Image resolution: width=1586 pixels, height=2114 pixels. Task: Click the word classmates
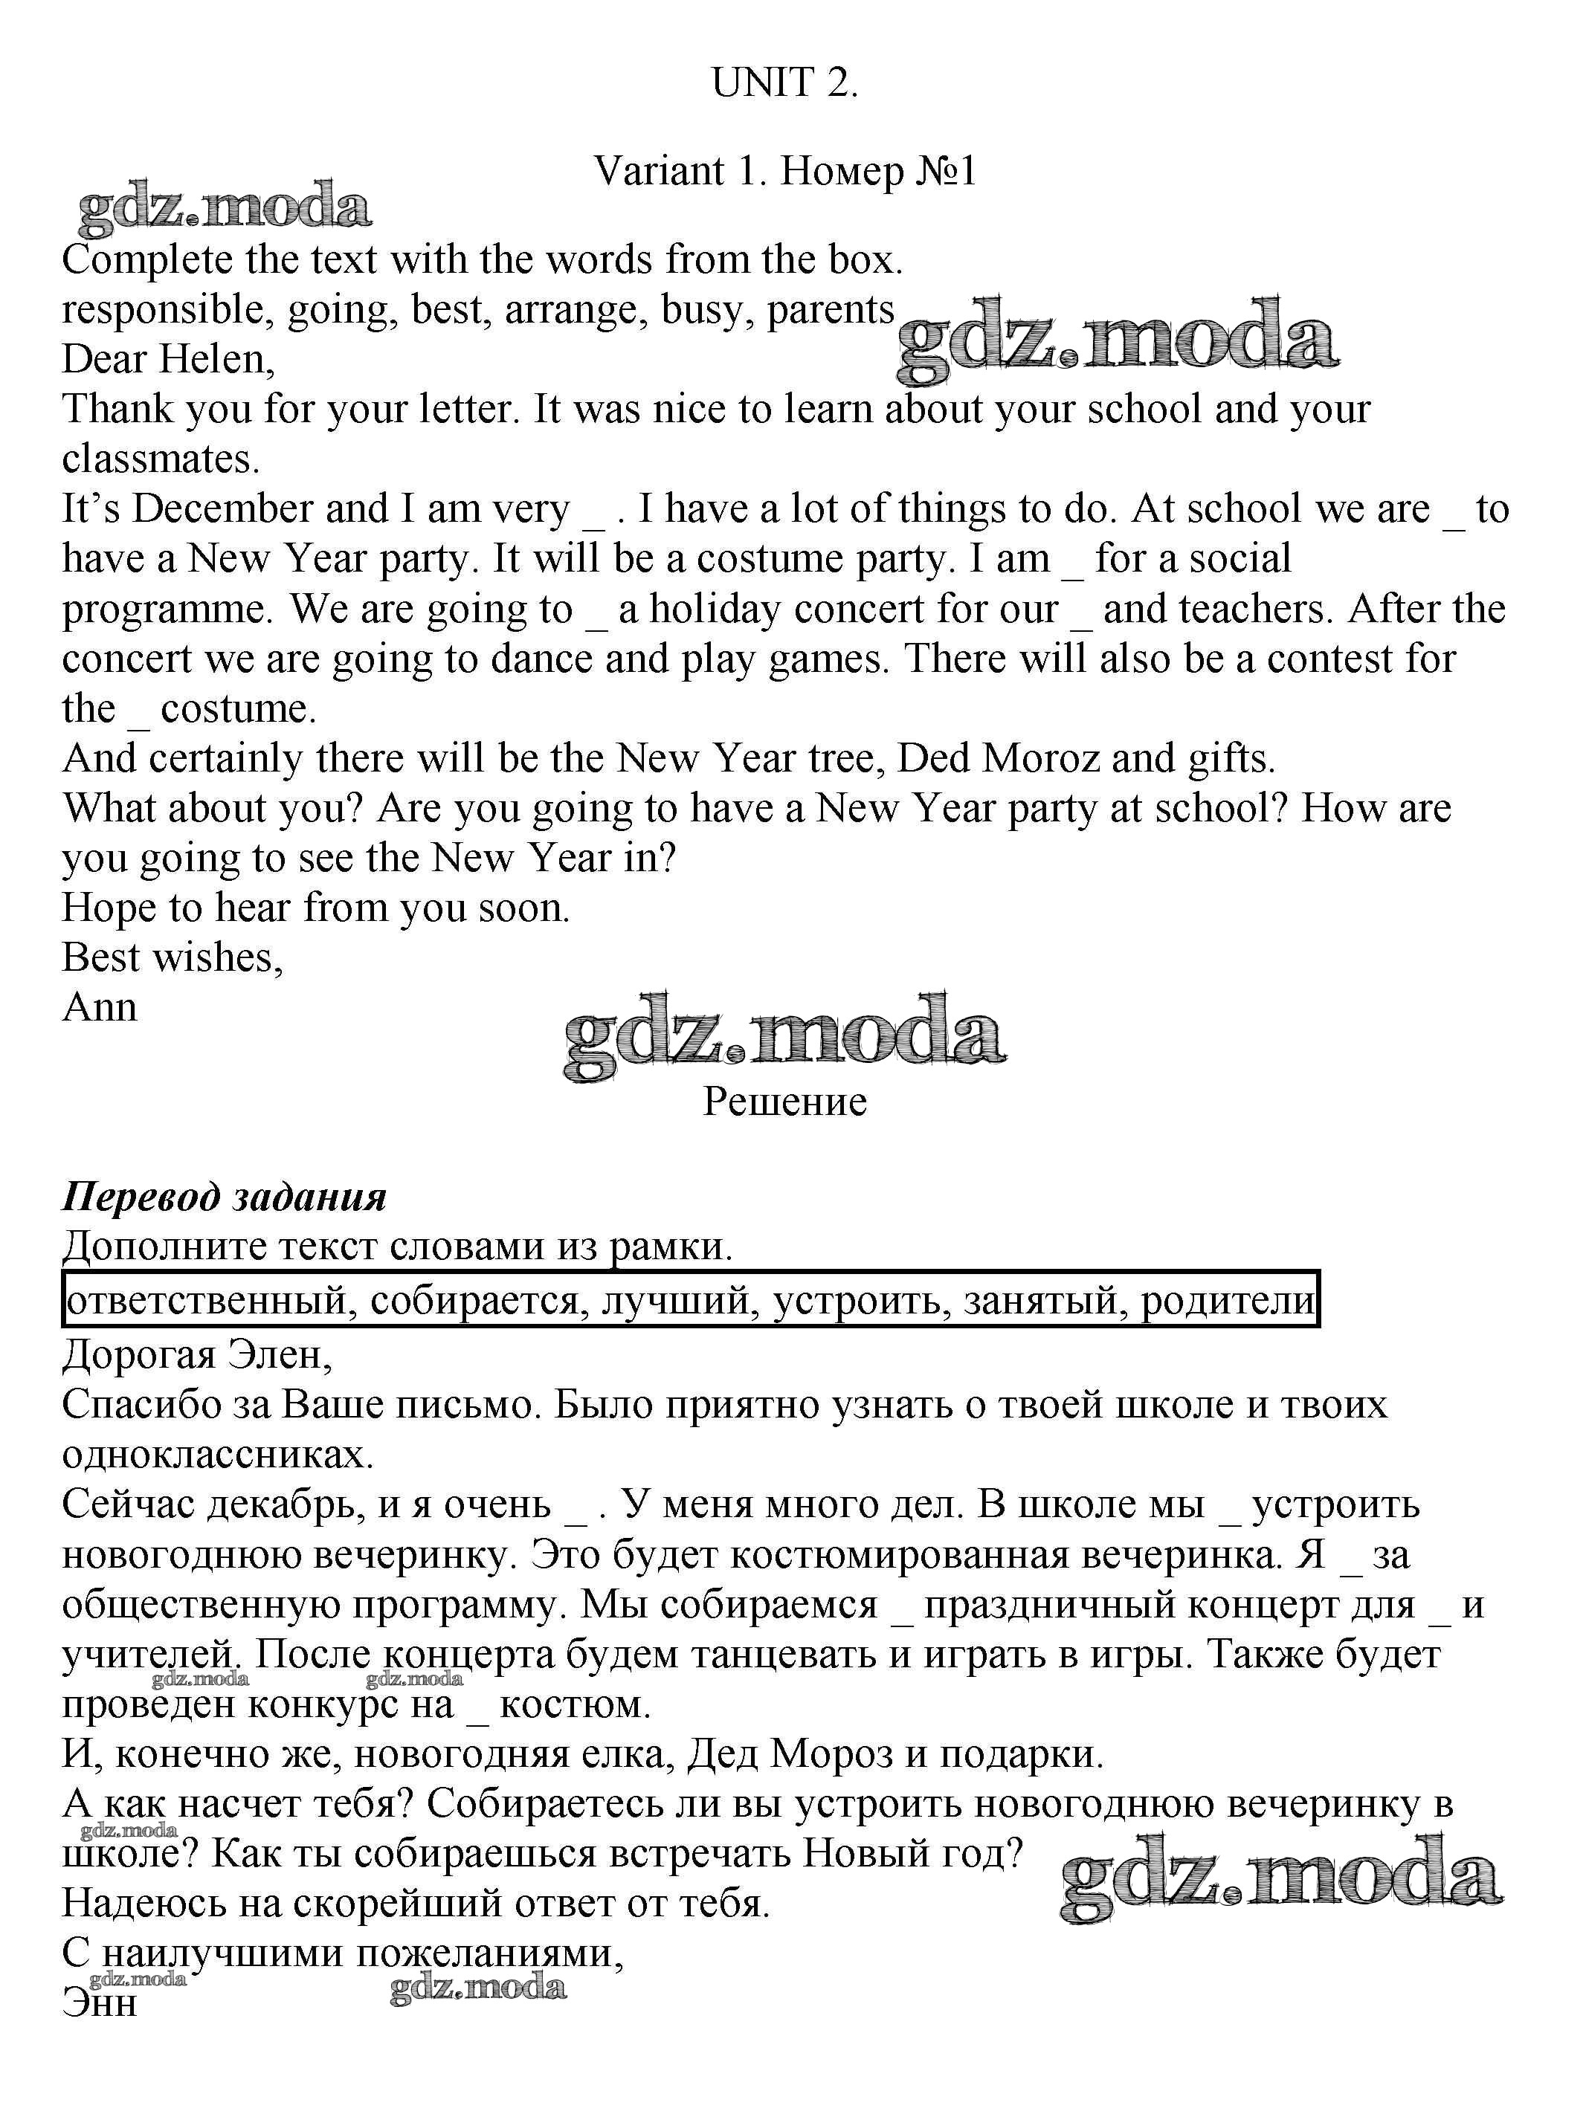coord(160,459)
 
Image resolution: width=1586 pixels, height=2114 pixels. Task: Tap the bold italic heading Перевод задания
coord(224,1197)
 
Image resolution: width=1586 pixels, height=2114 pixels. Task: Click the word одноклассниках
coord(217,1455)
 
